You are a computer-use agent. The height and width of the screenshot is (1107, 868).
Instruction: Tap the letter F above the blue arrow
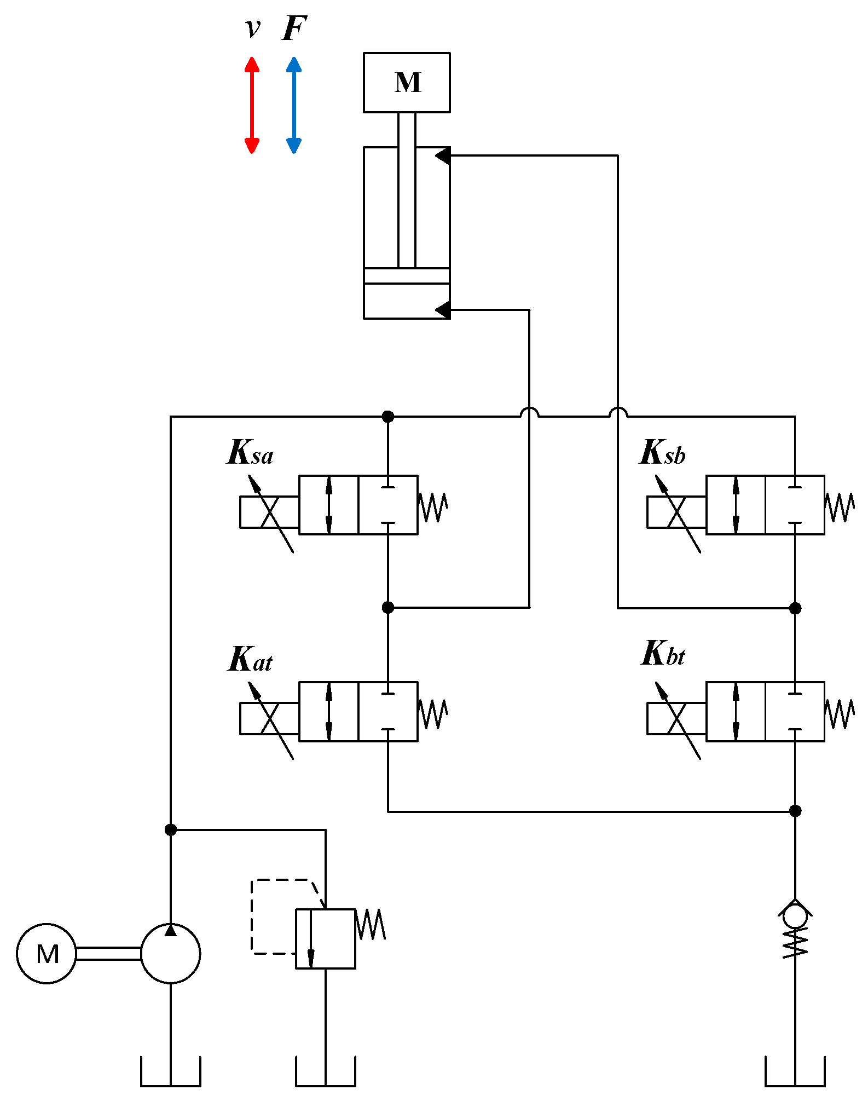(294, 28)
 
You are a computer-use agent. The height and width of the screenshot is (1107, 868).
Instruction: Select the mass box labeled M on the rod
(407, 83)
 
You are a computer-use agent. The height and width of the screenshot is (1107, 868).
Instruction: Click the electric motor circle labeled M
(47, 954)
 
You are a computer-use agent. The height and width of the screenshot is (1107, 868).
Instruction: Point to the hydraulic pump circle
(171, 954)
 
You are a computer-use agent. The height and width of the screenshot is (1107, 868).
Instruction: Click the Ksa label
(250, 453)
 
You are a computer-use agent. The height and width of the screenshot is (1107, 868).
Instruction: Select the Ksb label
(662, 453)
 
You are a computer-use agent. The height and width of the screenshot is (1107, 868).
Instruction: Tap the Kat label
(250, 659)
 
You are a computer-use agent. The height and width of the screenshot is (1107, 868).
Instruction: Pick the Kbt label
(662, 654)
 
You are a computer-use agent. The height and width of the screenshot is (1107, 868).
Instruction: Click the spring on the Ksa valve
(433, 508)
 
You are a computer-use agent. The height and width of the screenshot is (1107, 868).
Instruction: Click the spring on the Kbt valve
(840, 714)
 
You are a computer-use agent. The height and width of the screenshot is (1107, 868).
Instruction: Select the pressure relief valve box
(326, 938)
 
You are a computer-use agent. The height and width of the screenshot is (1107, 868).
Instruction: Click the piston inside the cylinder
(407, 276)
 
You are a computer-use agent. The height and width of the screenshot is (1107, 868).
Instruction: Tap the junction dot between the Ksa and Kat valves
(388, 608)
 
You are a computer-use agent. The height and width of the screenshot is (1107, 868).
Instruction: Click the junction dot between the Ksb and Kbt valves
(795, 608)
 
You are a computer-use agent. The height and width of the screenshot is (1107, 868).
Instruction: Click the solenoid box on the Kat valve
(269, 718)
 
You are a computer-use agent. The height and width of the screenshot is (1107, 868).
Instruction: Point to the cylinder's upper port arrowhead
(443, 156)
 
